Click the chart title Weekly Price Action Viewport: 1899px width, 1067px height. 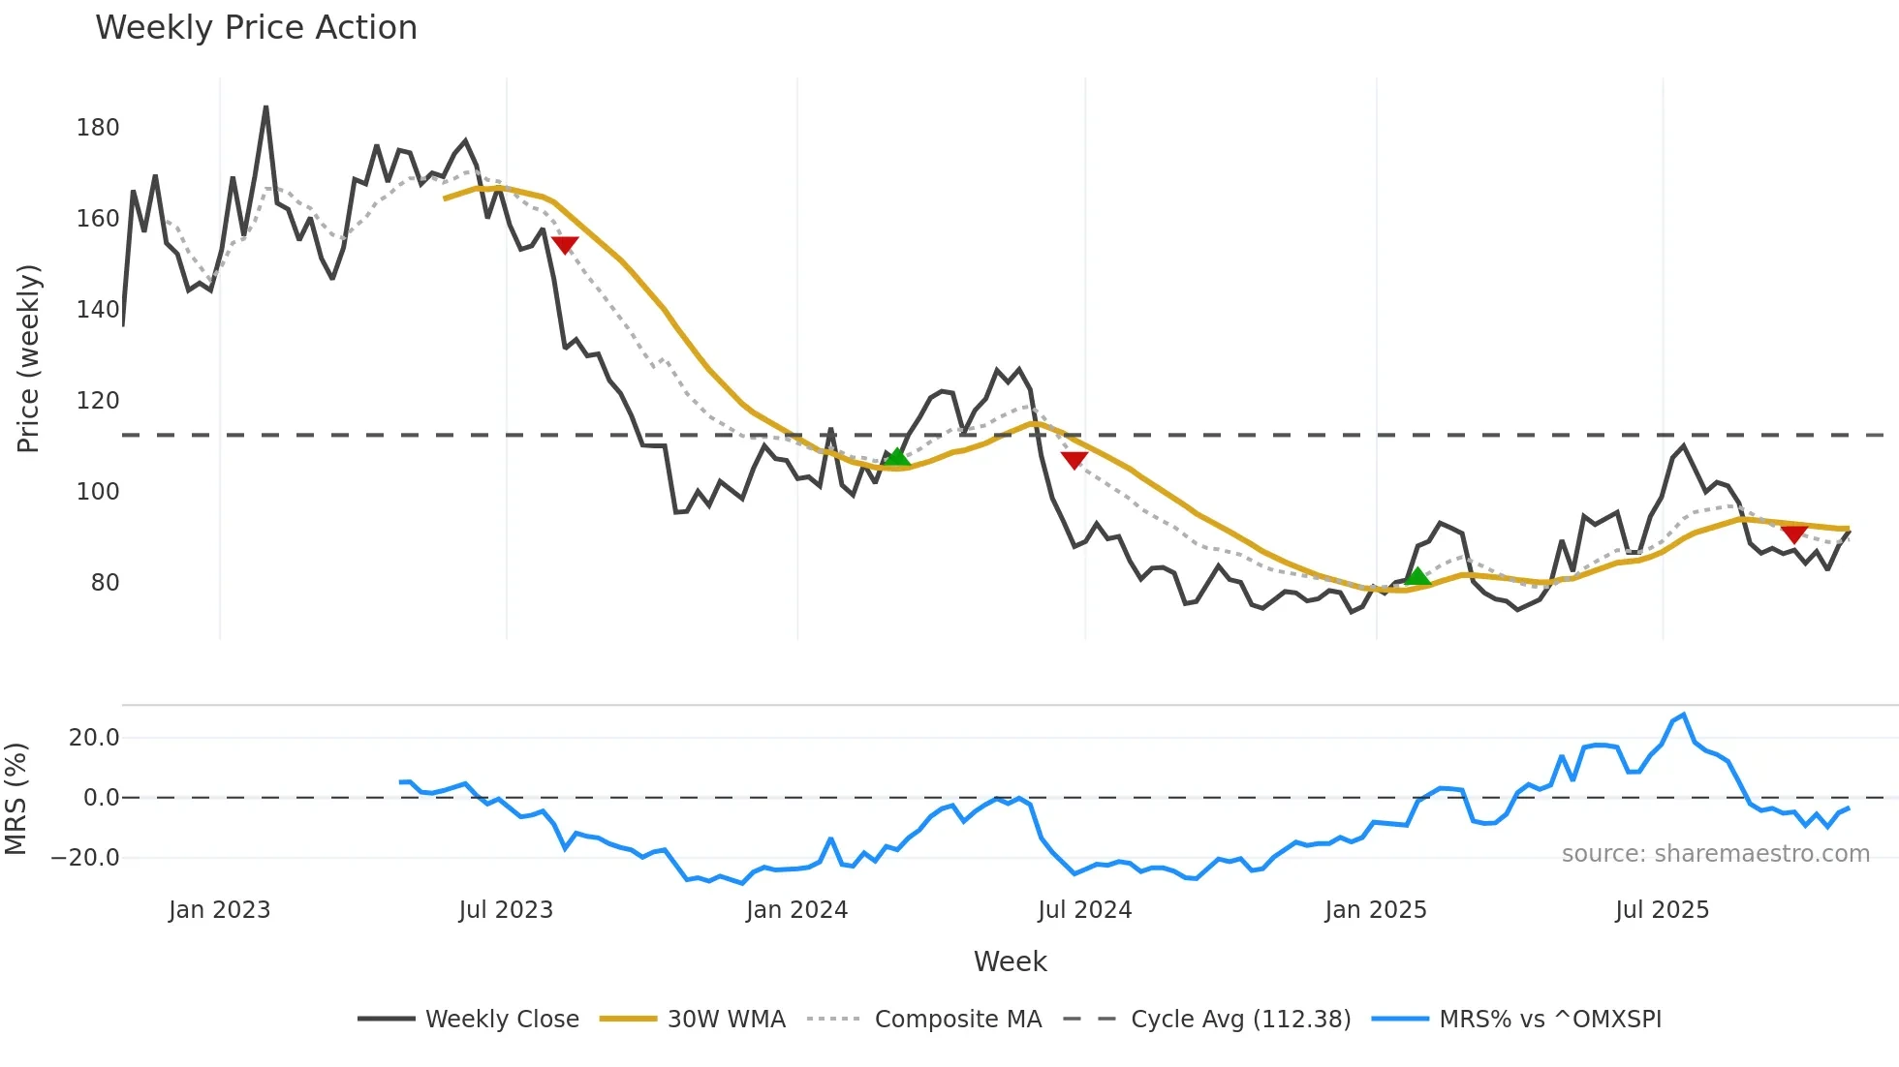[x=256, y=28]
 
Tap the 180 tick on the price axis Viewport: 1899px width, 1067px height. [x=98, y=128]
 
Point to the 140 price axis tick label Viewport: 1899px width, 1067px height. [x=98, y=310]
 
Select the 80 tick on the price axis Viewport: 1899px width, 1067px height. [x=105, y=583]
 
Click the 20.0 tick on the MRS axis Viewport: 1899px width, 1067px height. [x=94, y=738]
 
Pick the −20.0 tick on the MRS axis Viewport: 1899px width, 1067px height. [x=85, y=858]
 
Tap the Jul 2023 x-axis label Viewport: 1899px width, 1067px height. [x=506, y=910]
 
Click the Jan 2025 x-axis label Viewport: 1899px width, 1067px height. [x=1376, y=910]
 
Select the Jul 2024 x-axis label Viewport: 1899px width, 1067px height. [x=1084, y=910]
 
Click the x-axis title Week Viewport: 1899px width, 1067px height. [x=1010, y=961]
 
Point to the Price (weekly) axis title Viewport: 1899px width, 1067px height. [x=28, y=358]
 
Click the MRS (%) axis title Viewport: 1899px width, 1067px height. [x=16, y=799]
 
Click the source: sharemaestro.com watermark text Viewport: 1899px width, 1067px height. [x=1715, y=854]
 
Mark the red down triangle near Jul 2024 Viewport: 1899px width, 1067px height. [x=1074, y=460]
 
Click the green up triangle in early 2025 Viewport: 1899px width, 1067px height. [x=1417, y=577]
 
